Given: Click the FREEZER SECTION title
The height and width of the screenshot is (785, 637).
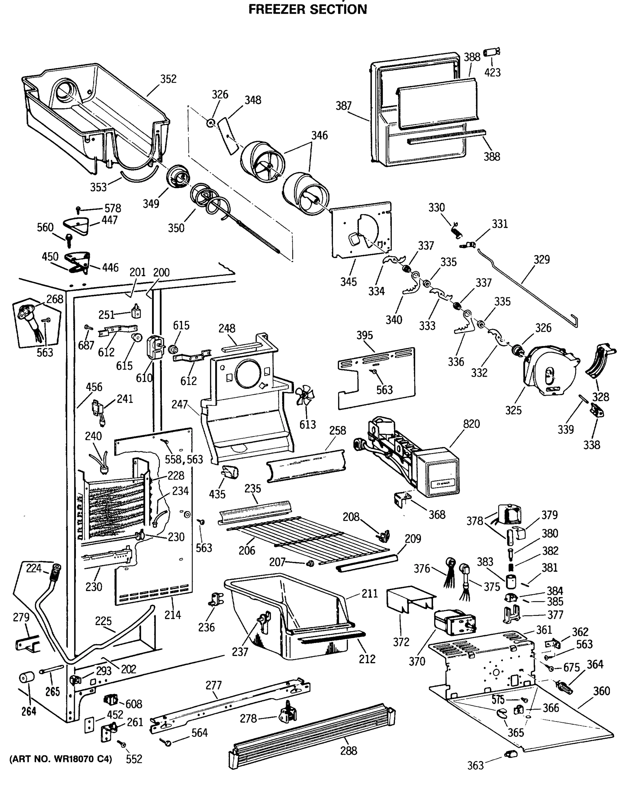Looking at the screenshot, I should coord(307,9).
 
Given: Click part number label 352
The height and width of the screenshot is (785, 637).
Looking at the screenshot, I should coord(168,79).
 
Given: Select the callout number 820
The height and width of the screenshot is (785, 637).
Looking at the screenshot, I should coord(471,424).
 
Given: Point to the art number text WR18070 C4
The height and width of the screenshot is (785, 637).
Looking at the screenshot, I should coord(60,759).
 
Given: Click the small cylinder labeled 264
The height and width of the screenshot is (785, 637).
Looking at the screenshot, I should coord(26,677).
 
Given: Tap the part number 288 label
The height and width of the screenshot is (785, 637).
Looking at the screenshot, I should coord(348,751).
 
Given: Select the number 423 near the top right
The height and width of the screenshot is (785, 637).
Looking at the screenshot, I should coord(492,72).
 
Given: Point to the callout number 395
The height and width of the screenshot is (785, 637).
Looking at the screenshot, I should coord(364,335).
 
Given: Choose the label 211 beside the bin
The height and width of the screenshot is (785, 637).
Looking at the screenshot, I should coord(370,593).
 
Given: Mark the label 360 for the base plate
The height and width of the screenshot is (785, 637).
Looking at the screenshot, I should coord(601,691).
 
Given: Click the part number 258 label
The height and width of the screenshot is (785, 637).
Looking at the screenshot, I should coord(337,430).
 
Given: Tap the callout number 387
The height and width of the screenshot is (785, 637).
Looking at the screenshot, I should coord(343,106).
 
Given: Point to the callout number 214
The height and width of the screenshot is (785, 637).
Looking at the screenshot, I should coord(172,615).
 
